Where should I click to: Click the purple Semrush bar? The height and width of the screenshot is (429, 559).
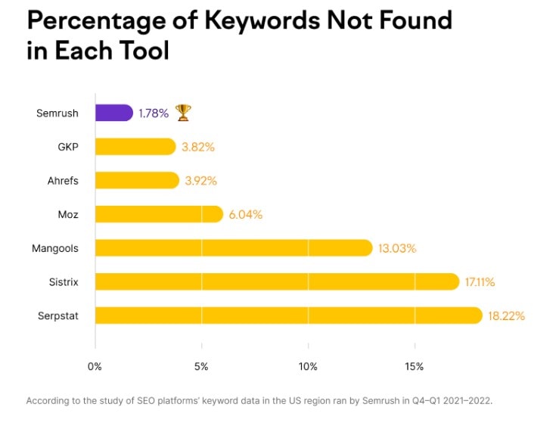[x=114, y=113]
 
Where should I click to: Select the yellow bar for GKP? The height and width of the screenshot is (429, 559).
[x=135, y=147]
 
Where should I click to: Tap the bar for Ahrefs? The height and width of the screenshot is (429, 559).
[x=137, y=180]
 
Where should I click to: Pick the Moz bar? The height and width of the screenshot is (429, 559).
[x=159, y=214]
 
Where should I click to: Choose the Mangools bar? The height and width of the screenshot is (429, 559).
[x=234, y=248]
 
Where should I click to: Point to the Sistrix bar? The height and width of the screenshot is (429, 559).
[x=277, y=281]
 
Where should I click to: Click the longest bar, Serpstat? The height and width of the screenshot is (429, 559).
[x=288, y=316]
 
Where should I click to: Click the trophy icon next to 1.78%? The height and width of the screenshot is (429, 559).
[x=183, y=113]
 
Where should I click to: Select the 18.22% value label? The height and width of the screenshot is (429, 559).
[x=506, y=316]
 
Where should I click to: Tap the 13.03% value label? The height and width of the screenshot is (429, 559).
[x=397, y=248]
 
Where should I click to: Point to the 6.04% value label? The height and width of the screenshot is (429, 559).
[x=245, y=214]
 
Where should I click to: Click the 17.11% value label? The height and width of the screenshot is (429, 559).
[x=480, y=281]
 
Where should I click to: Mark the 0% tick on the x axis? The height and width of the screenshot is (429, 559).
[x=95, y=367]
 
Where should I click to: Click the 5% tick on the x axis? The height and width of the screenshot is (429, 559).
[x=201, y=367]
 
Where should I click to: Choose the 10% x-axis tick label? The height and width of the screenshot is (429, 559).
[x=308, y=367]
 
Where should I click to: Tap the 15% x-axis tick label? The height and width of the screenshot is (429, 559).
[x=415, y=367]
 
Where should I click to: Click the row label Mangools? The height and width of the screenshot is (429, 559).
[x=54, y=248]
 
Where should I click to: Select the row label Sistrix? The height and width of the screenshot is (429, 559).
[x=63, y=281]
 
